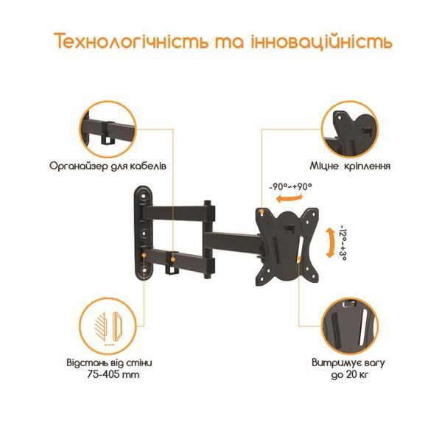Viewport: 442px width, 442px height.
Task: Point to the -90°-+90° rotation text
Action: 292,187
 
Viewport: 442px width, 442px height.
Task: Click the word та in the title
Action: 225,42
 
